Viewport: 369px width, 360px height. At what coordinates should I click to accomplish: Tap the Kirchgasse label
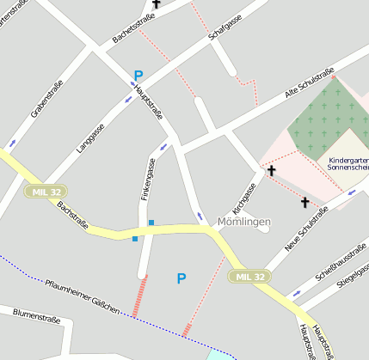pos(244,198)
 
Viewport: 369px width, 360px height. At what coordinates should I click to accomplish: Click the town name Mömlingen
pos(244,222)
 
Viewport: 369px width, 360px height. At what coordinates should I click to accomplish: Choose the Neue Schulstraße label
pos(307,228)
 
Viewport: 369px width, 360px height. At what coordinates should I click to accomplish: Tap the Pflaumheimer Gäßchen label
pos(83,296)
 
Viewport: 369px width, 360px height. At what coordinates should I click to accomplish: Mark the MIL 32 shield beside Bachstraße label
pos(45,190)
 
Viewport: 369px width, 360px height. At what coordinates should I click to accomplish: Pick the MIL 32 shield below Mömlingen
pos(248,276)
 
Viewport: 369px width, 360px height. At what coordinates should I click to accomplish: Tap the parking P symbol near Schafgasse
pos(138,76)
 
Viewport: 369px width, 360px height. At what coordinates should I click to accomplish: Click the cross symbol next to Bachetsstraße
pos(156,4)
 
